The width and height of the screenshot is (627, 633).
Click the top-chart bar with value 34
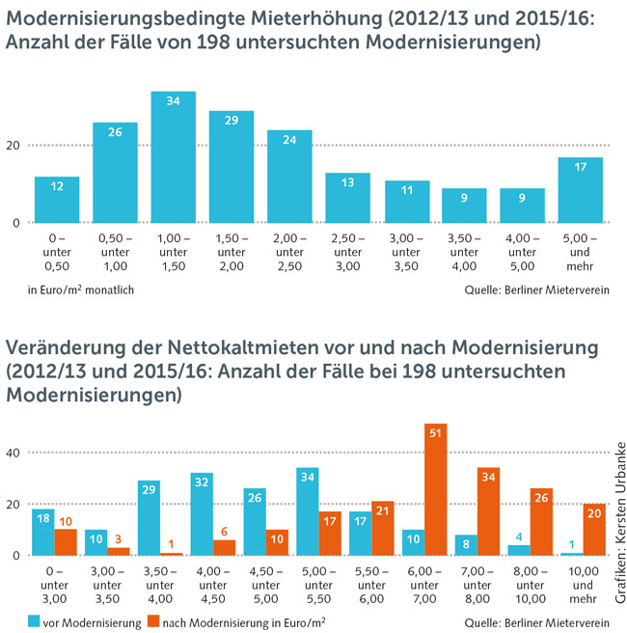pyautogui.click(x=174, y=157)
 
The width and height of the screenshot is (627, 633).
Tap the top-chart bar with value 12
pyautogui.click(x=57, y=200)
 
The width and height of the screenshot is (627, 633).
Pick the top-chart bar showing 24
pyautogui.click(x=289, y=177)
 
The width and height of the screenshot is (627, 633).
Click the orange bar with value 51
pyautogui.click(x=436, y=489)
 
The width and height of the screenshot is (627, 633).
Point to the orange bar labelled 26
pyautogui.click(x=542, y=521)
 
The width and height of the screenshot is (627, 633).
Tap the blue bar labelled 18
pyautogui.click(x=42, y=532)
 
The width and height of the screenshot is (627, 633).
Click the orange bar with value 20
pyautogui.click(x=595, y=529)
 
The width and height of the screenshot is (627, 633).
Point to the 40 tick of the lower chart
pyautogui.click(x=14, y=452)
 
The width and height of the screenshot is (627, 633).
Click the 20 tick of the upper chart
pyautogui.click(x=14, y=146)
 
